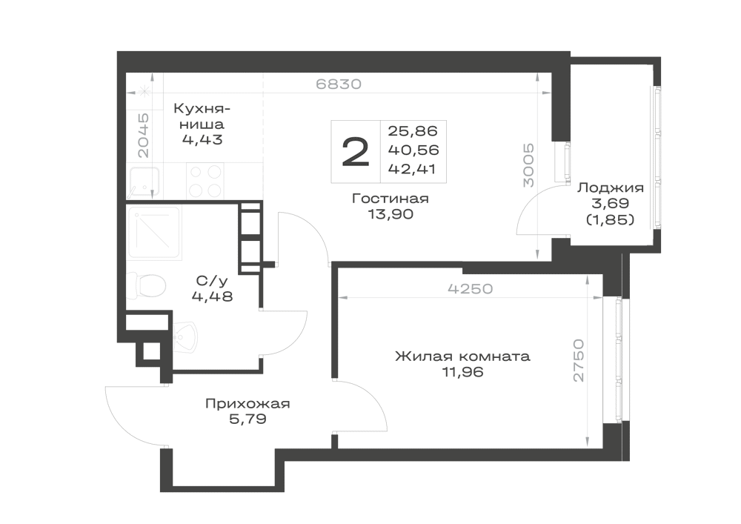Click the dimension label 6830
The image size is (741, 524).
coord(339,84)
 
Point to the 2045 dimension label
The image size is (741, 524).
coord(143,135)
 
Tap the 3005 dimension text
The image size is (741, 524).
coord(528,165)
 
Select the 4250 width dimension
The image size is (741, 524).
coord(471,288)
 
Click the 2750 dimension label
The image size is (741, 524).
coord(579,360)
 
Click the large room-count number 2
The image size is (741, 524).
coord(356,152)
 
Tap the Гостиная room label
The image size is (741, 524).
coord(391,199)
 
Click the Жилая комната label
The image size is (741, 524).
coord(462,356)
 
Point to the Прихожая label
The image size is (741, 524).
coord(247,404)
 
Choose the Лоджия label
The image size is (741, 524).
coord(611,188)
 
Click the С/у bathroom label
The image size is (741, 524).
coord(212,281)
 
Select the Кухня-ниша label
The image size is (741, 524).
coord(202,116)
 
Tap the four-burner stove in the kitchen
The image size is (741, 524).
coord(205,181)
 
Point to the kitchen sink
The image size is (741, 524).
coord(144,182)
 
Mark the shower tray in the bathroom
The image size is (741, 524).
coord(154,232)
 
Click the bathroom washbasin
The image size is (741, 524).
coord(185,337)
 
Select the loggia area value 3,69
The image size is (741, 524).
coord(610,204)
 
